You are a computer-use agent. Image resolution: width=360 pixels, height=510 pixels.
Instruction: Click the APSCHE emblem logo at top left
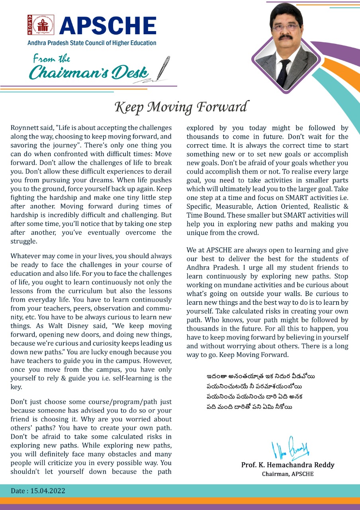[x=41, y=25]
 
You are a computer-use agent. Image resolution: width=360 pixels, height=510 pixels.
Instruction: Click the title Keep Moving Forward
[x=181, y=107]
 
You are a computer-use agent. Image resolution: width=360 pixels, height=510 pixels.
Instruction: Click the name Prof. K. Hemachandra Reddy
[x=288, y=465]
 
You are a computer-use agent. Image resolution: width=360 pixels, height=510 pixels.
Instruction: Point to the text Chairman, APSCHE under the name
[x=288, y=474]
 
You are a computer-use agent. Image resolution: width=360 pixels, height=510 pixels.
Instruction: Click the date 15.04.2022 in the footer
[x=48, y=491]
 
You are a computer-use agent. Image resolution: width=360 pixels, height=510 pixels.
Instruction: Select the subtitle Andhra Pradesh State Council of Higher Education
[x=92, y=43]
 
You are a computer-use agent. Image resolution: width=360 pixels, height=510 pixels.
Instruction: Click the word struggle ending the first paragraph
[x=24, y=241]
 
